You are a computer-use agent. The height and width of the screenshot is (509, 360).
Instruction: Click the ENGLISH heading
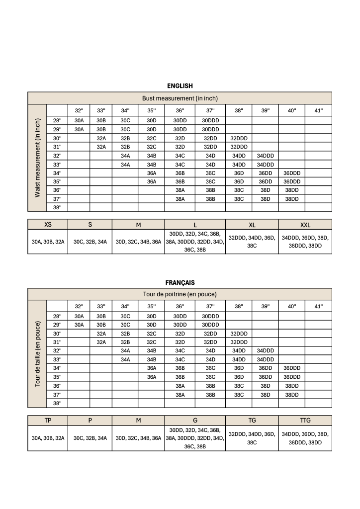point(180,86)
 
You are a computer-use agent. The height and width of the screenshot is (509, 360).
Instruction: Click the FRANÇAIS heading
point(180,282)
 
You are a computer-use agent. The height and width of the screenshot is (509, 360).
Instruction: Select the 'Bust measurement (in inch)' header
point(180,98)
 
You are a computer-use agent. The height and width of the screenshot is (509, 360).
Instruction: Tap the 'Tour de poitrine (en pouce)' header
point(180,294)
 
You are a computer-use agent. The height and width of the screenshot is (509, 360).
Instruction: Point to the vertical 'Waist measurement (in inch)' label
point(37,158)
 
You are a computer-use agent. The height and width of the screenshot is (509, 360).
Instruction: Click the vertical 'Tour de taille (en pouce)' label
point(37,354)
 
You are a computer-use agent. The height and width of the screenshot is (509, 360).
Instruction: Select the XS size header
point(48,225)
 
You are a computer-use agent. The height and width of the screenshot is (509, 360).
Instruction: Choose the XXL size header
point(305,225)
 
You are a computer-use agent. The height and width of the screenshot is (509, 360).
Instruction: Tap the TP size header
point(48,421)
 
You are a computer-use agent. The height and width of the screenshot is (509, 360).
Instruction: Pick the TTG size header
point(305,421)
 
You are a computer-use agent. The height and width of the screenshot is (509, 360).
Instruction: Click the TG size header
point(252,421)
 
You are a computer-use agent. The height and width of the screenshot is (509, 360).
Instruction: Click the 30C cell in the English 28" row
point(125,120)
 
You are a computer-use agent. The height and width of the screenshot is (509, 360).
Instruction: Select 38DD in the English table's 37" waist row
point(291,199)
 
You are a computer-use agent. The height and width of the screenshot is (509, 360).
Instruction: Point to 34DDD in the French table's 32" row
point(265,351)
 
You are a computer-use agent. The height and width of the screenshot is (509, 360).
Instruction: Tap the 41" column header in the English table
point(318,110)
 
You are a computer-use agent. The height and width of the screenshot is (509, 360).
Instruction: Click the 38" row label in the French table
point(57,403)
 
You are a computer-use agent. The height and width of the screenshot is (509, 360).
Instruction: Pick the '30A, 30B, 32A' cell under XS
point(48,242)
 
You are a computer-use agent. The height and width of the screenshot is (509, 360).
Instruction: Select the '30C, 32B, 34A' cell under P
point(90,438)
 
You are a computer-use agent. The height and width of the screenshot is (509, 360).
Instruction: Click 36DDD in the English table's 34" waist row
point(291,173)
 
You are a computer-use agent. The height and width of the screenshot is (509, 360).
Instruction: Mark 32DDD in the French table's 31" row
point(239,342)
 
